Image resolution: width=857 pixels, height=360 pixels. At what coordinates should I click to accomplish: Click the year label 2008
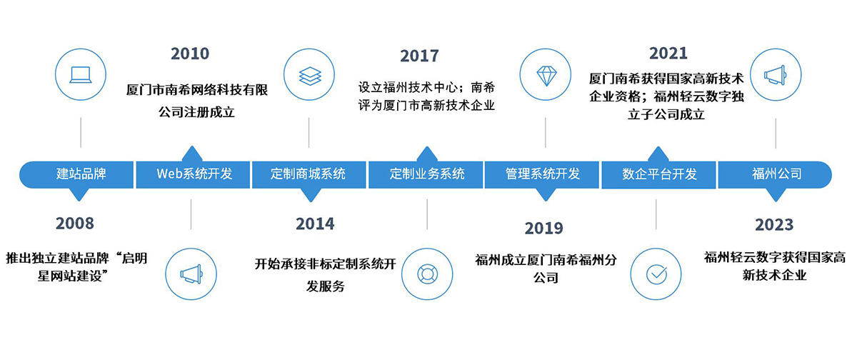pyautogui.click(x=74, y=224)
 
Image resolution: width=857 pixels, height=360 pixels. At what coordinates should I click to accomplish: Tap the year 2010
pyautogui.click(x=190, y=54)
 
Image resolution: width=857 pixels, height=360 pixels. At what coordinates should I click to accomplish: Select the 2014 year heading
pyautogui.click(x=315, y=224)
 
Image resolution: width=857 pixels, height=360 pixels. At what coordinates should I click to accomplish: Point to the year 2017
pyautogui.click(x=419, y=56)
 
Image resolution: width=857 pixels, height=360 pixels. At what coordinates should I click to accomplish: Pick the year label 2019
pyautogui.click(x=543, y=229)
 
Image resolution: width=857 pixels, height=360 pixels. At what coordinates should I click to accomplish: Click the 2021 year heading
pyautogui.click(x=668, y=53)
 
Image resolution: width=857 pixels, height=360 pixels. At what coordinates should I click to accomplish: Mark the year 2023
pyautogui.click(x=774, y=224)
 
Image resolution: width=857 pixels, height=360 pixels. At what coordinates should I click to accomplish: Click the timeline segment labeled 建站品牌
pyautogui.click(x=76, y=175)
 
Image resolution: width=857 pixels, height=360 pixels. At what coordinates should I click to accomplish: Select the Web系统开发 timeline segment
pyautogui.click(x=193, y=175)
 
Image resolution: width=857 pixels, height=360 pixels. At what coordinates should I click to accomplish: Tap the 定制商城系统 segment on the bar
pyautogui.click(x=309, y=175)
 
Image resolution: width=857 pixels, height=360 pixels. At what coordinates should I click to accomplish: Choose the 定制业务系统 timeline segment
pyautogui.click(x=426, y=175)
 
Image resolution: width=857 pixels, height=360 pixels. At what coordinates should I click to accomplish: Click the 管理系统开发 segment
pyautogui.click(x=542, y=175)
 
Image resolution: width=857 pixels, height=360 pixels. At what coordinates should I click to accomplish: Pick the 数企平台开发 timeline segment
pyautogui.click(x=658, y=175)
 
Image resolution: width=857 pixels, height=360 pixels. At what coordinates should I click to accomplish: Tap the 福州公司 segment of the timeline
pyautogui.click(x=775, y=175)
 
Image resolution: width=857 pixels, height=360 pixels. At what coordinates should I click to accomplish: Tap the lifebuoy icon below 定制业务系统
pyautogui.click(x=427, y=274)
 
